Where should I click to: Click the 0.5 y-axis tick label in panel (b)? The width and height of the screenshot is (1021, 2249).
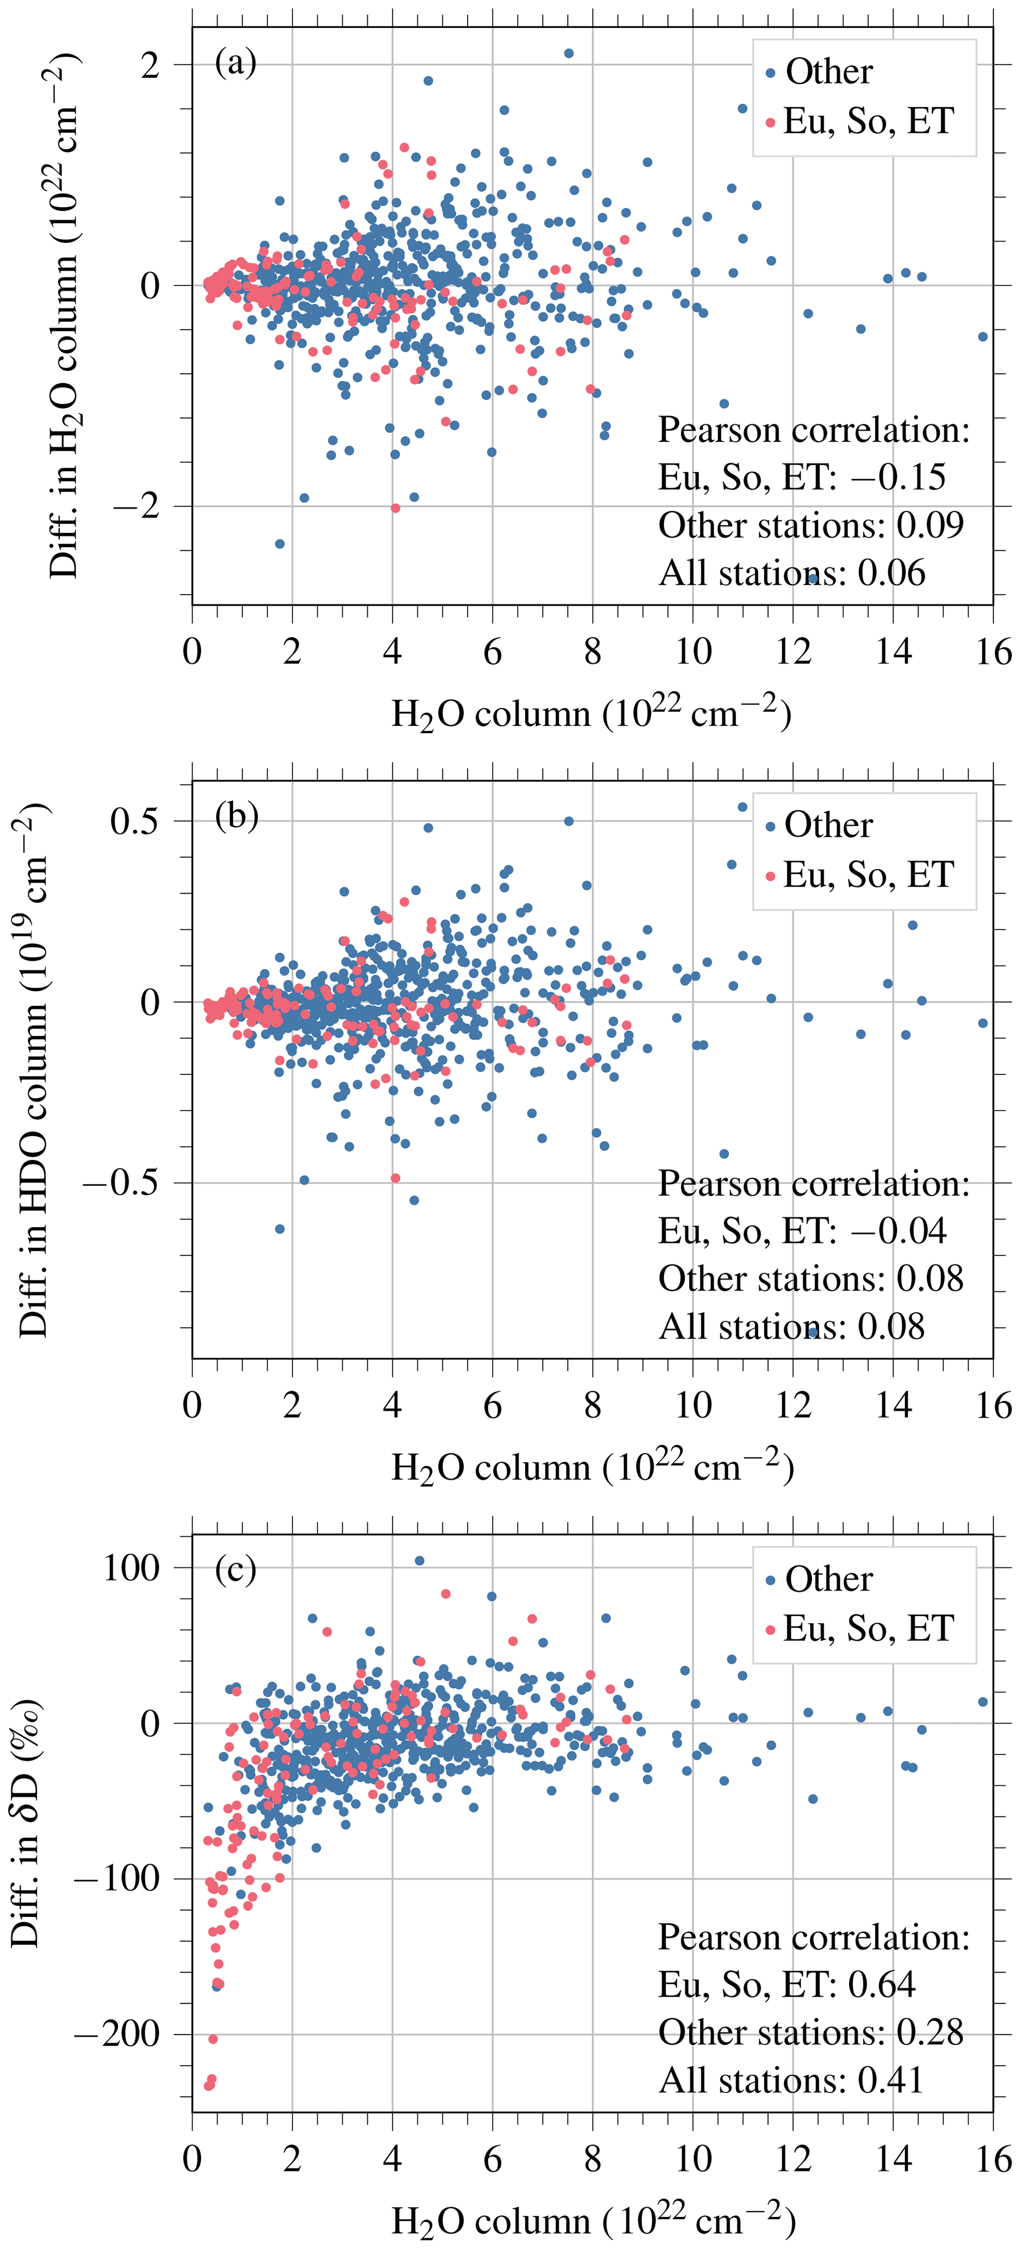pos(135,821)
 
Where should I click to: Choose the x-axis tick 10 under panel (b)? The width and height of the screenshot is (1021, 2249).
pos(693,1406)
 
